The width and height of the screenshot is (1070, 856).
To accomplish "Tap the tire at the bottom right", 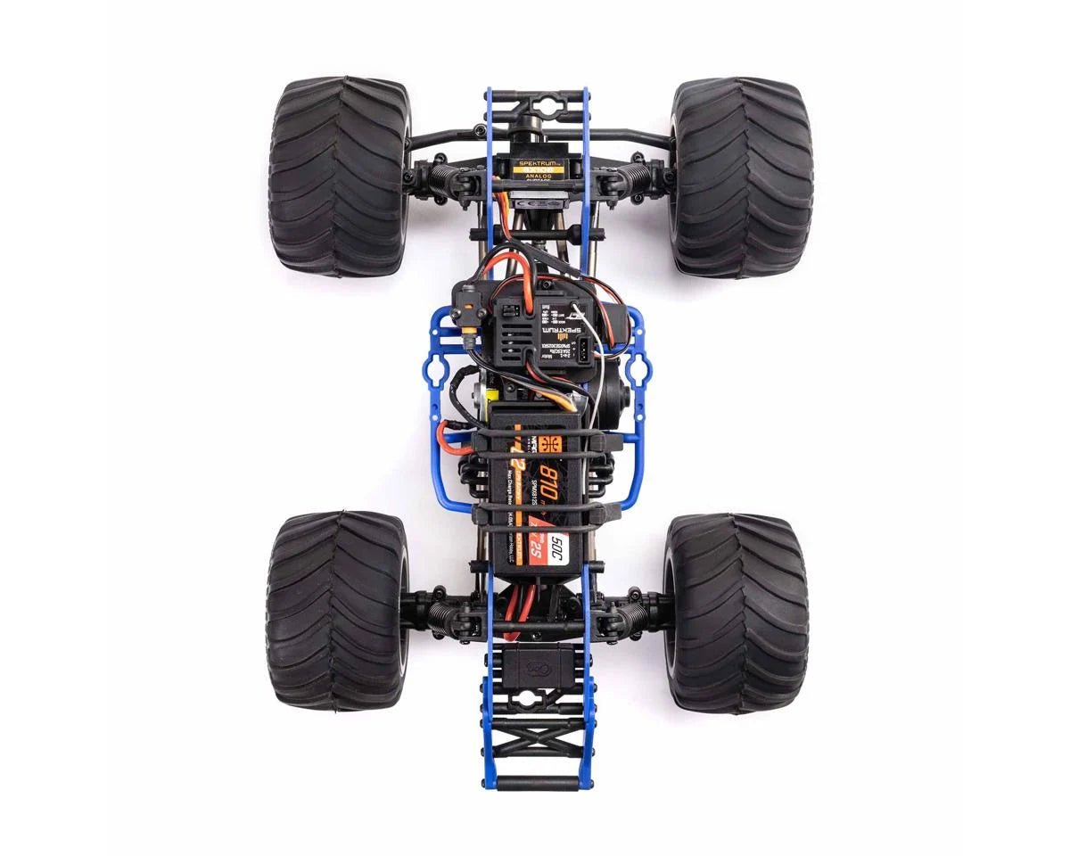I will pos(736,612).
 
